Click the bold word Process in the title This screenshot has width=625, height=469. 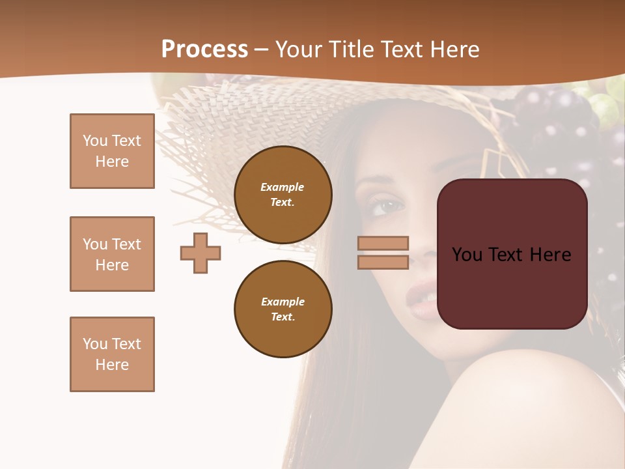(x=204, y=50)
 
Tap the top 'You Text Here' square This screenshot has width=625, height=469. (x=112, y=151)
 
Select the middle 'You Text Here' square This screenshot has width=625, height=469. (x=112, y=254)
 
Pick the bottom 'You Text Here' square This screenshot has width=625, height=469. (x=112, y=354)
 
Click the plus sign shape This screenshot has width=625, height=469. (x=201, y=253)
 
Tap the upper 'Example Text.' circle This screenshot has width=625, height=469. (x=283, y=195)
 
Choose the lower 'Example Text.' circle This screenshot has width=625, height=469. (x=283, y=309)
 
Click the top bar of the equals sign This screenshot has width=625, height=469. (x=383, y=243)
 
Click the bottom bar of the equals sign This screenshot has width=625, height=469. (x=383, y=262)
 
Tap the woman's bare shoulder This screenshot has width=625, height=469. (x=521, y=404)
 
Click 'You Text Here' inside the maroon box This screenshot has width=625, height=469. (x=512, y=255)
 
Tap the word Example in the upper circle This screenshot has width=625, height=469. (x=283, y=187)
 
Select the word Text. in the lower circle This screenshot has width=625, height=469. (x=283, y=317)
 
